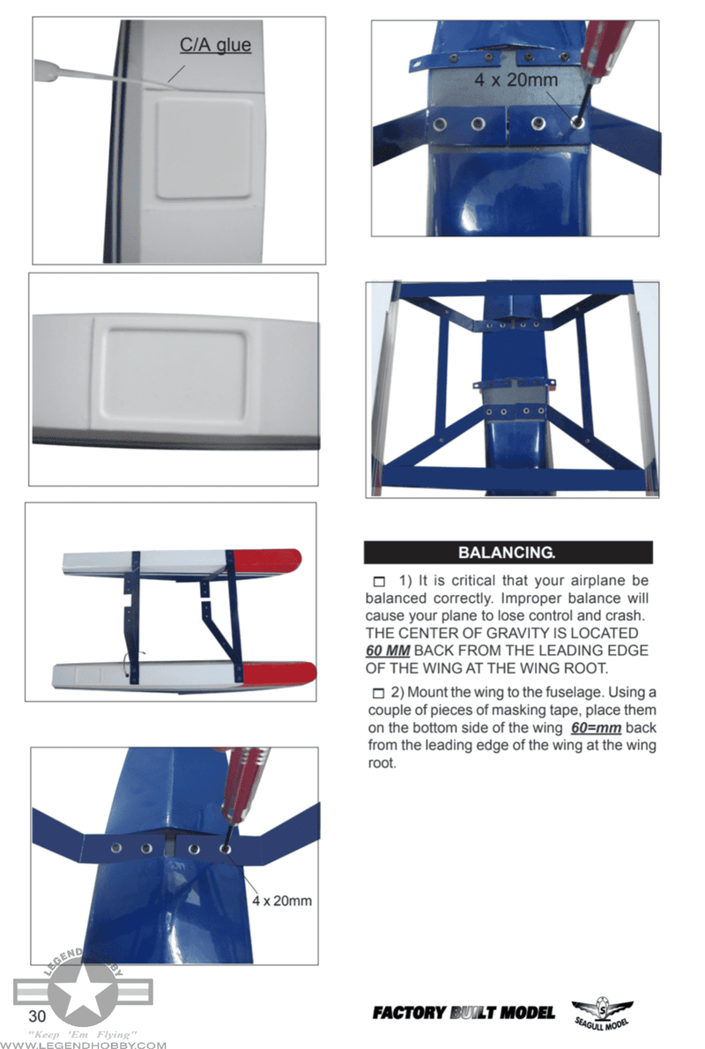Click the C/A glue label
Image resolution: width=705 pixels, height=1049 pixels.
pyautogui.click(x=216, y=45)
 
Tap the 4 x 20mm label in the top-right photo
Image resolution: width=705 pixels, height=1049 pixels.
pyautogui.click(x=516, y=80)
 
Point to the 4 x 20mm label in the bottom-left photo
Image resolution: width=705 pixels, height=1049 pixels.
pyautogui.click(x=282, y=901)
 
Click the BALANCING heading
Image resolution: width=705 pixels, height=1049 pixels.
pyautogui.click(x=507, y=554)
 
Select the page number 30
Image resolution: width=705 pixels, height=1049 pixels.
pyautogui.click(x=37, y=1012)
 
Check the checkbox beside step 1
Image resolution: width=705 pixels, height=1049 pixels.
pyautogui.click(x=378, y=582)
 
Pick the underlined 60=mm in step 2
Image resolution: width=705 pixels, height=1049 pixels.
pyautogui.click(x=597, y=728)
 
